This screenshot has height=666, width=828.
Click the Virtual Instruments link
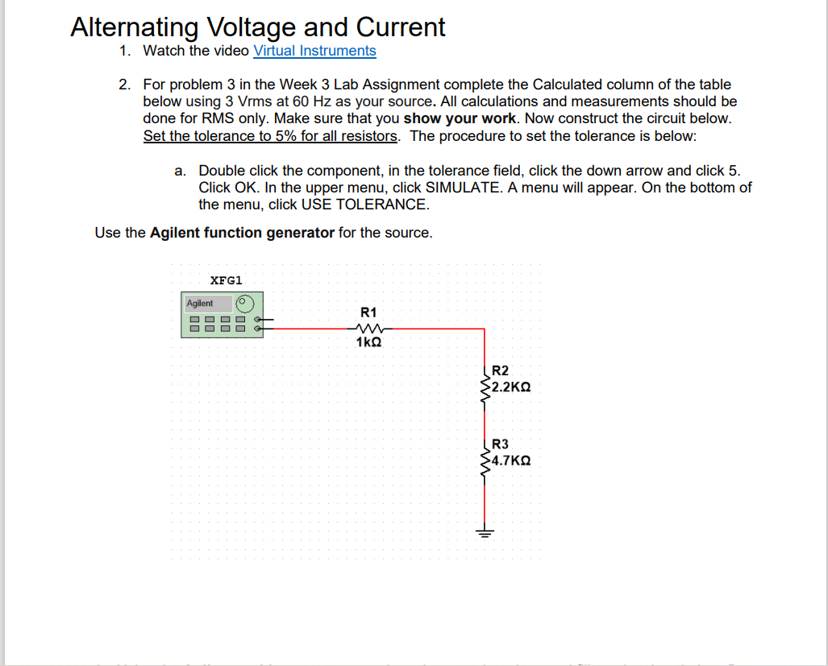(314, 51)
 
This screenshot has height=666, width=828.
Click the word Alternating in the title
(134, 27)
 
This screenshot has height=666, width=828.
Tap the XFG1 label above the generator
(226, 280)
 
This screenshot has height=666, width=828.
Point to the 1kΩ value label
(368, 342)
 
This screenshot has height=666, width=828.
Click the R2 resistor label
(500, 370)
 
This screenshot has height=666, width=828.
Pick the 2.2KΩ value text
(510, 387)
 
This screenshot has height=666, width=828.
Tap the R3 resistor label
(500, 444)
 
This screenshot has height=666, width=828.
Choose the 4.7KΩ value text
(510, 461)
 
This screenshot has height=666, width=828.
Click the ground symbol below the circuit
(484, 532)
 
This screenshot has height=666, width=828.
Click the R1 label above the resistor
(368, 312)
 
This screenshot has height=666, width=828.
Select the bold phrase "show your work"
(463, 118)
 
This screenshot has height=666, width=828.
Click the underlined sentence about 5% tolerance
(271, 135)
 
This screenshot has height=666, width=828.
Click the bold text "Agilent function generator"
(242, 233)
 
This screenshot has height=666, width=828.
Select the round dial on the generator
(246, 304)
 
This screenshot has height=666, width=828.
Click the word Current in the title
(401, 27)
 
